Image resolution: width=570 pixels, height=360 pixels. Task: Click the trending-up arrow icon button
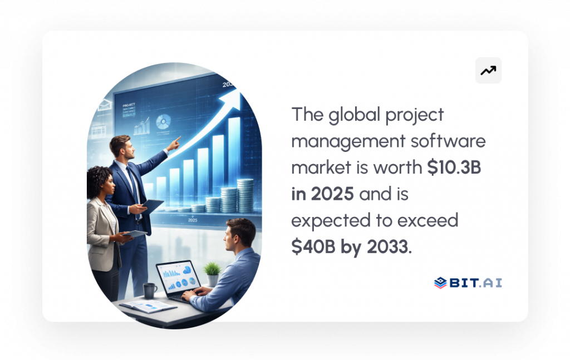(488, 71)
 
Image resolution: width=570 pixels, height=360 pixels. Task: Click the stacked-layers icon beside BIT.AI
(440, 283)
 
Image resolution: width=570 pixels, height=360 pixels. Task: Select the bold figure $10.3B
(454, 168)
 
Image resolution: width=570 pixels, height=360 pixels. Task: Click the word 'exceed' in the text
(429, 221)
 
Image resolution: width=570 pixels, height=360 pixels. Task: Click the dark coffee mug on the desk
(149, 290)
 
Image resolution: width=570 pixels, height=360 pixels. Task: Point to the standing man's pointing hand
(174, 142)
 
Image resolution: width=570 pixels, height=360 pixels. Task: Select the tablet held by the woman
(135, 234)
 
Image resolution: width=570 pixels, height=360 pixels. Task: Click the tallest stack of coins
(245, 195)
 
